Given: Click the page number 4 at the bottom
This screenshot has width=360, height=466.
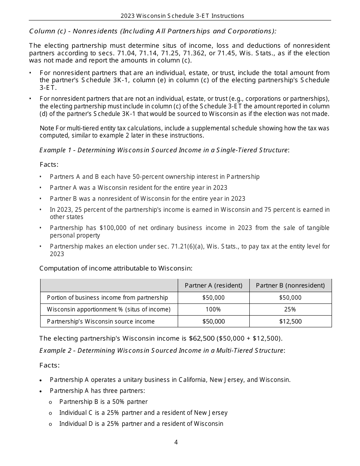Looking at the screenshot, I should click(x=176, y=442).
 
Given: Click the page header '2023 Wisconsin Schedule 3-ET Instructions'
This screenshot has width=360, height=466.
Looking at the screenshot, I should click(x=182, y=16).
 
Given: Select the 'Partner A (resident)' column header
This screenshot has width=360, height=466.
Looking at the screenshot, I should click(x=213, y=286).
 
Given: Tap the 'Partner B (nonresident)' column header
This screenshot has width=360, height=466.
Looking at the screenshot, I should click(x=290, y=286).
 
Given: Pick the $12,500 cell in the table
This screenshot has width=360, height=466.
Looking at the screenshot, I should click(x=290, y=321).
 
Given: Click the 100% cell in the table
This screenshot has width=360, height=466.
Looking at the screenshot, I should click(x=213, y=310).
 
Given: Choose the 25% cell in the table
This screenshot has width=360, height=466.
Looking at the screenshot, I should click(x=290, y=310).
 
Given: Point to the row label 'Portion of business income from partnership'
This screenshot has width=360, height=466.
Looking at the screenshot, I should click(x=107, y=298).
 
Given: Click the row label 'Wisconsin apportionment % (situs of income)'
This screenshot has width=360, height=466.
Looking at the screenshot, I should click(x=109, y=310).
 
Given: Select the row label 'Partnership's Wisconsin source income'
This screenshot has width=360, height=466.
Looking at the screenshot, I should click(x=101, y=321).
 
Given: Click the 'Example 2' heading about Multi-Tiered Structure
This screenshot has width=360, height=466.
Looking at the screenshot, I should click(x=162, y=350).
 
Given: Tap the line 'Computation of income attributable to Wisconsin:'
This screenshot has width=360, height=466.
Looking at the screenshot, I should click(x=116, y=268).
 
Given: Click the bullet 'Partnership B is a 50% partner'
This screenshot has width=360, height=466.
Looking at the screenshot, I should click(x=103, y=402).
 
